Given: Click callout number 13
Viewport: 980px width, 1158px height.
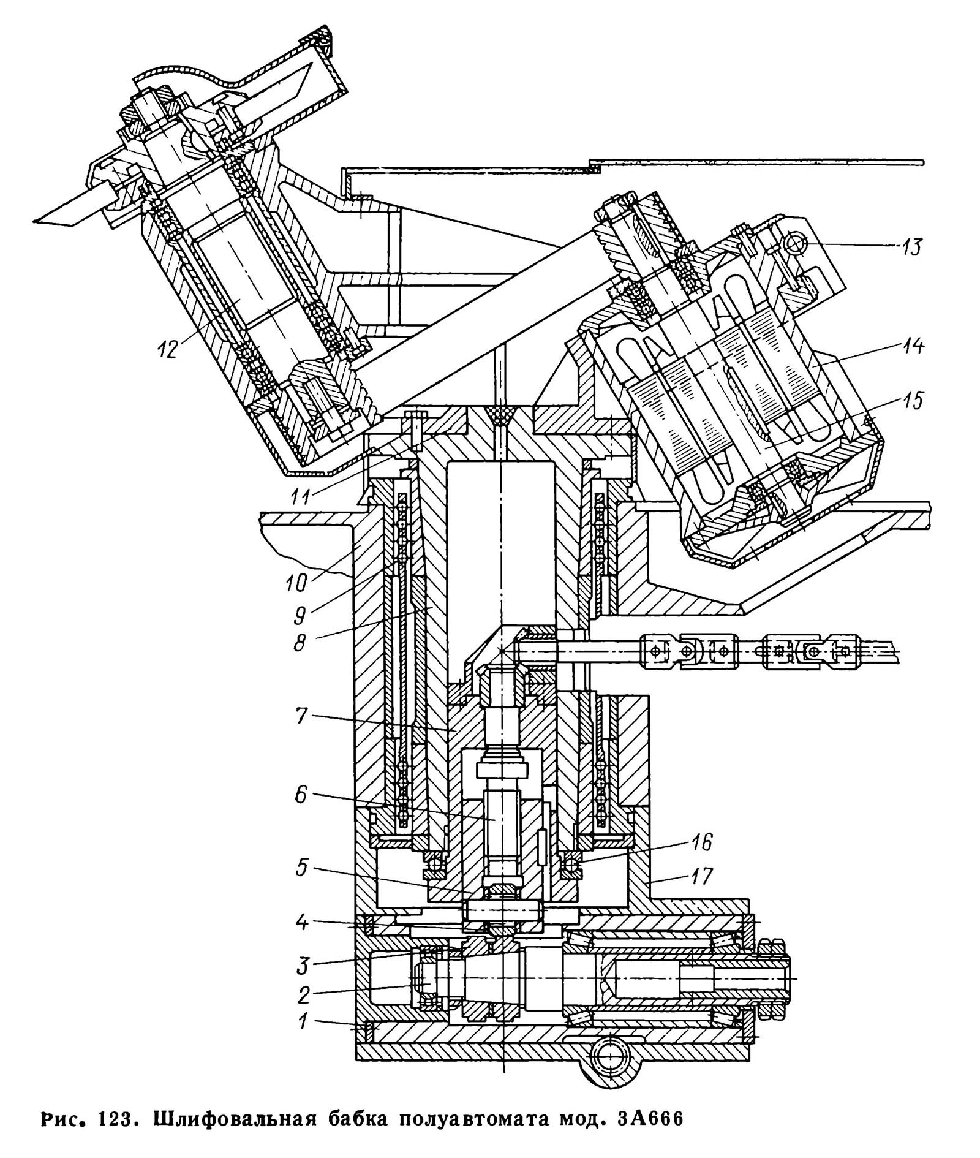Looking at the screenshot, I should (911, 248).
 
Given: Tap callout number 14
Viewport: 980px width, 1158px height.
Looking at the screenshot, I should (911, 347).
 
